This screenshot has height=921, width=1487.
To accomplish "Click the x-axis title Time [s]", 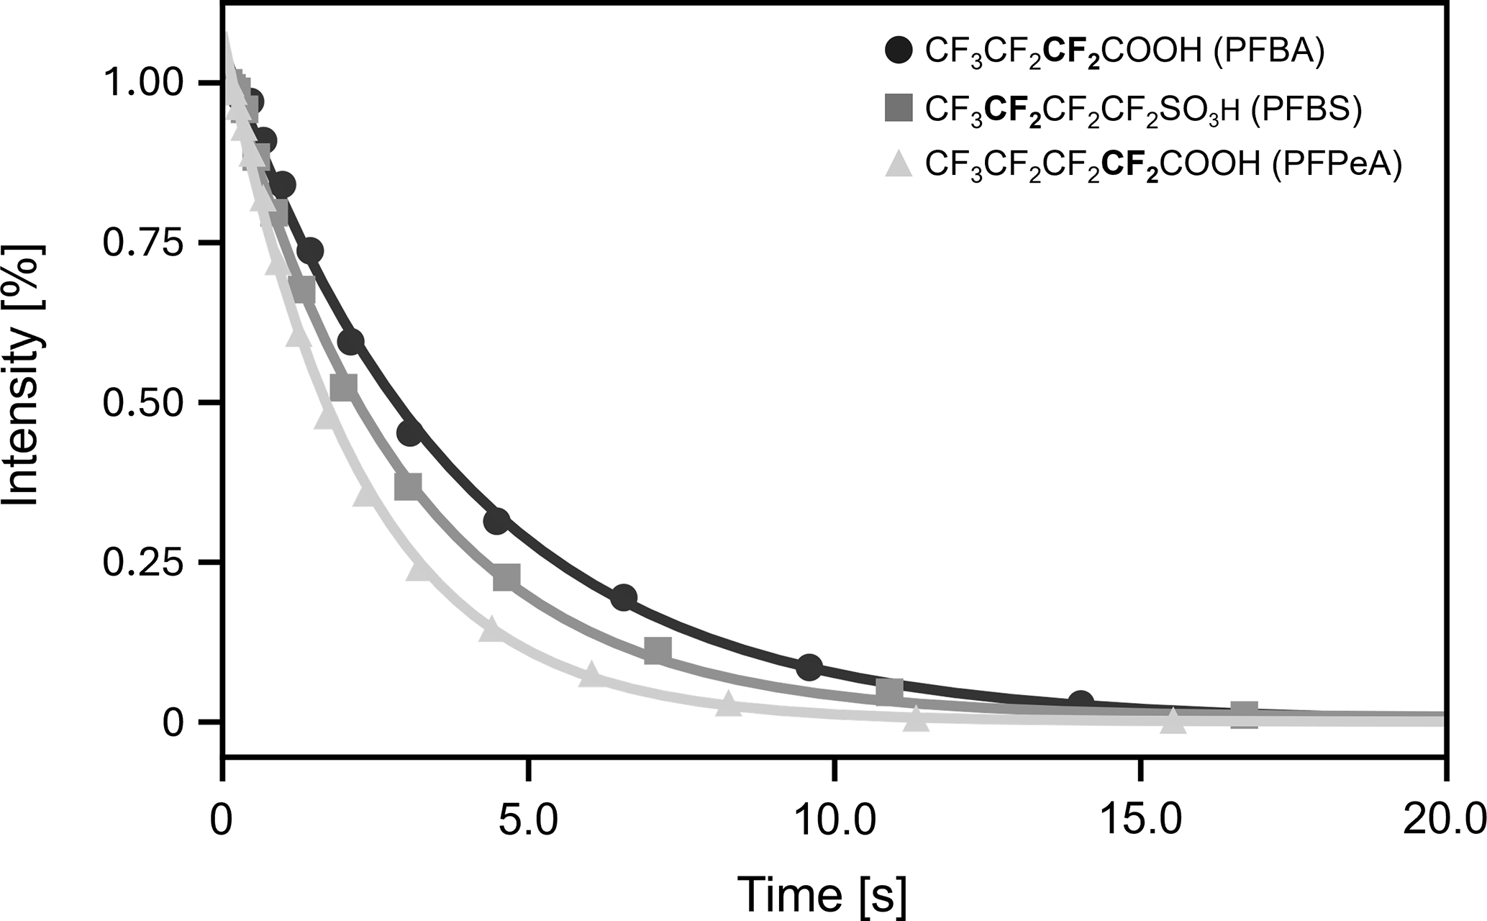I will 822,894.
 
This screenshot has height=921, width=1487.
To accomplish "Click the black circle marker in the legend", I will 899,51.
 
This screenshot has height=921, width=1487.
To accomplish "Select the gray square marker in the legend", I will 899,108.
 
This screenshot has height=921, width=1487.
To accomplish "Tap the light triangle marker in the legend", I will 899,164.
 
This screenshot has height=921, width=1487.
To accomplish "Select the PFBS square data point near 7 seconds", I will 658,650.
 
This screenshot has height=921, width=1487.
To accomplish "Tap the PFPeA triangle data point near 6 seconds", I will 591,674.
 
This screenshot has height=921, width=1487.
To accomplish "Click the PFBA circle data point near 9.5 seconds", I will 809,667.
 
